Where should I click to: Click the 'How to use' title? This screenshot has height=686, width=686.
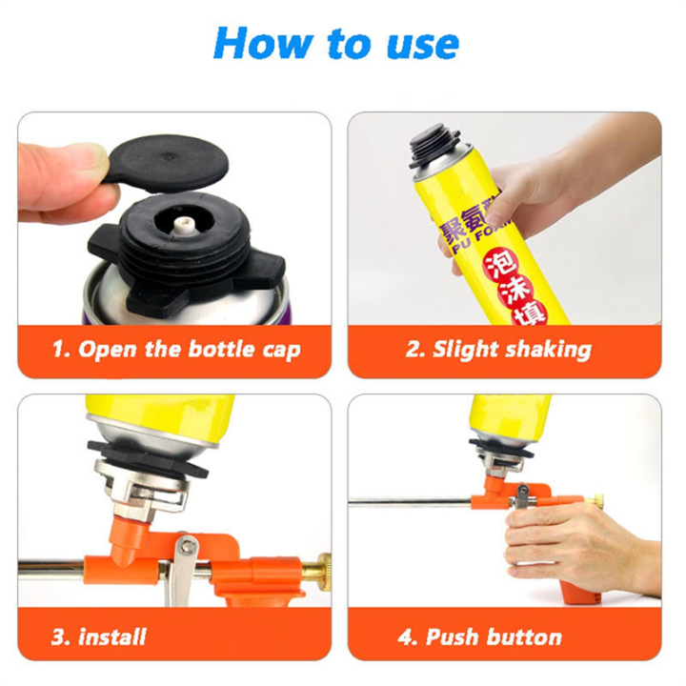coord(336,42)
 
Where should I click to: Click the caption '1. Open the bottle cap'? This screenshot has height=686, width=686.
coord(175,350)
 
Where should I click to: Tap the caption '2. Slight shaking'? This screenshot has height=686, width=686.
coord(497,350)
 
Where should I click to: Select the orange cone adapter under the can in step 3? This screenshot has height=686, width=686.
coord(129,534)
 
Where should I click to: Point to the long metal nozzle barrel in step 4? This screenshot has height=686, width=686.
coord(410,498)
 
